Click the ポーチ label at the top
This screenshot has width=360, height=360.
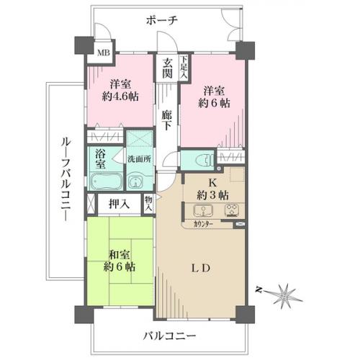coord(162,20)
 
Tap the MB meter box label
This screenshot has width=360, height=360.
coord(104,53)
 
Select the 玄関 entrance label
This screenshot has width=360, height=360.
coord(167,68)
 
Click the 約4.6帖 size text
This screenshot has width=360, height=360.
coord(120,96)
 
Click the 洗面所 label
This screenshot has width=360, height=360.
coord(139,159)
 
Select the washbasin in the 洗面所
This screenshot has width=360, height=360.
coord(136,183)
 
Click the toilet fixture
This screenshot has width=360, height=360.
coord(204,160)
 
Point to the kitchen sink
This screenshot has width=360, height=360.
coord(204,211)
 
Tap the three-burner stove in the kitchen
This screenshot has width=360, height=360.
coord(232,210)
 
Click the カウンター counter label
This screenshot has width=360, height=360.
coord(203,225)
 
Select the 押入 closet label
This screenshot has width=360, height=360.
coord(120,204)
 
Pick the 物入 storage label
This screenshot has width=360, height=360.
coord(148,203)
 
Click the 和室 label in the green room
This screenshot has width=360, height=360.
coord(120,255)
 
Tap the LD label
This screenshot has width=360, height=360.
coord(201,268)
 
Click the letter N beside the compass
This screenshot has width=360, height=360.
coord(258,290)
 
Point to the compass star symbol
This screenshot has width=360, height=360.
coord(285,295)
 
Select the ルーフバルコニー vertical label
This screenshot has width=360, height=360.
coord(66,179)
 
